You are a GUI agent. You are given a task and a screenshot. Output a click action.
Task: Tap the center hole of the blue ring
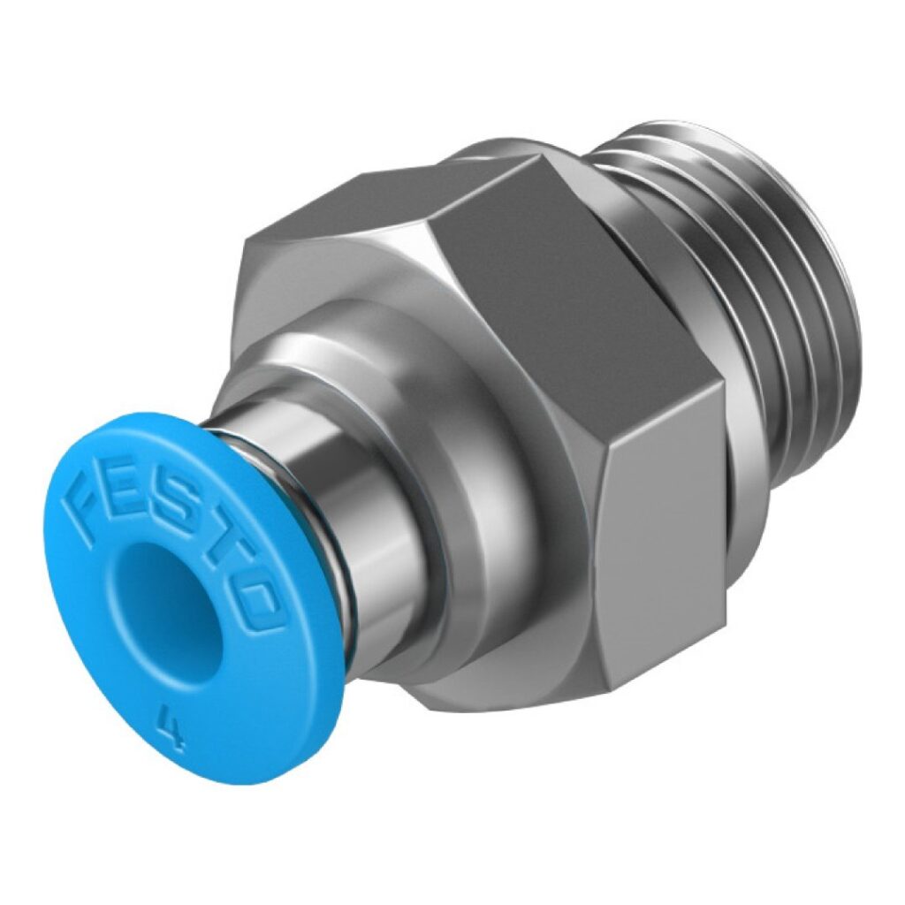[168, 601]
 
